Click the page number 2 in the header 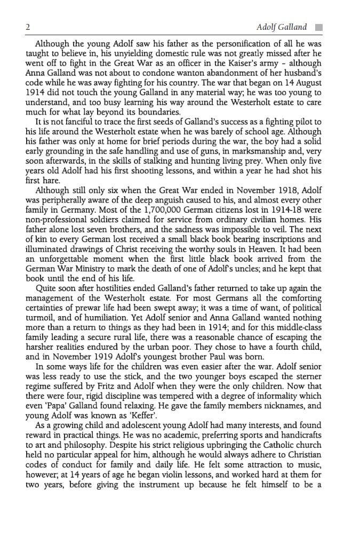[x=28, y=27]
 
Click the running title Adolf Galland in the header [x=282, y=27]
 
